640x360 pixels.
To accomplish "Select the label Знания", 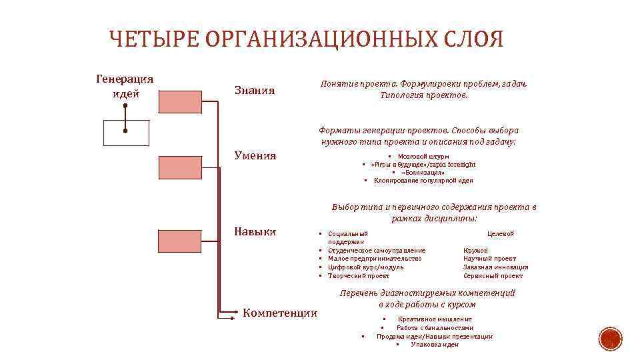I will click(255, 90).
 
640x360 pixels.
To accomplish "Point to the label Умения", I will click(255, 156).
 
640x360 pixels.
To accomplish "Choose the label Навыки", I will click(255, 231).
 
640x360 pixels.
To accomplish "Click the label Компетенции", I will click(280, 313).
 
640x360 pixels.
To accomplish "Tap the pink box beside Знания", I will click(179, 101).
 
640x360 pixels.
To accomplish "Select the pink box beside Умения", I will click(179, 167).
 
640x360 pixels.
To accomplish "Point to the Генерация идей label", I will click(125, 86).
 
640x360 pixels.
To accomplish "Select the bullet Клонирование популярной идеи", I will click(423, 180).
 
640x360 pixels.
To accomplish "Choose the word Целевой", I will click(501, 233).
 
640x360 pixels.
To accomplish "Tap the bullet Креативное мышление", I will click(435, 319).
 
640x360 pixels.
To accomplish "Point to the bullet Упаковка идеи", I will click(435, 344).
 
